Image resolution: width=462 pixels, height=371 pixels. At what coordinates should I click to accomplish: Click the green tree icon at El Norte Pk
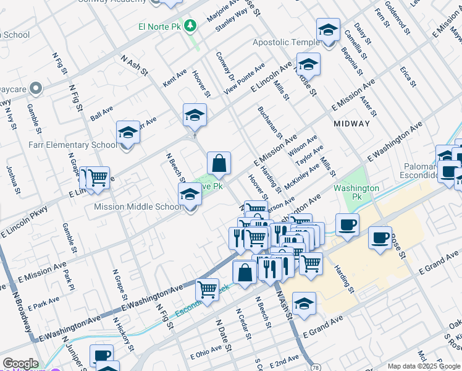[191, 25]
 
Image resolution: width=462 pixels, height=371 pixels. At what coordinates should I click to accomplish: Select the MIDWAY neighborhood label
[351, 124]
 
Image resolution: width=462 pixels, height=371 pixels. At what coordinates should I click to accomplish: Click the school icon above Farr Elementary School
[128, 132]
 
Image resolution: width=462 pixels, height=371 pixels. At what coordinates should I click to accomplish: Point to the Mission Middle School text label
[138, 207]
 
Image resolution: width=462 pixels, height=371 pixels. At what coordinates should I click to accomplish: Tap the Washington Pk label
[356, 188]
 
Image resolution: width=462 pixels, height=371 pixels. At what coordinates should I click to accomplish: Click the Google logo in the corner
[20, 364]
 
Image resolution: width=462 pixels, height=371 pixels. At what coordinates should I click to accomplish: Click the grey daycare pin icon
[36, 88]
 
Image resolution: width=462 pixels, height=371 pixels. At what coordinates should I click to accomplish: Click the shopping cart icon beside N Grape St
[98, 178]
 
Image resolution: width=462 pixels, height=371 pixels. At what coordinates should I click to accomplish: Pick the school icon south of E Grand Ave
[304, 304]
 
